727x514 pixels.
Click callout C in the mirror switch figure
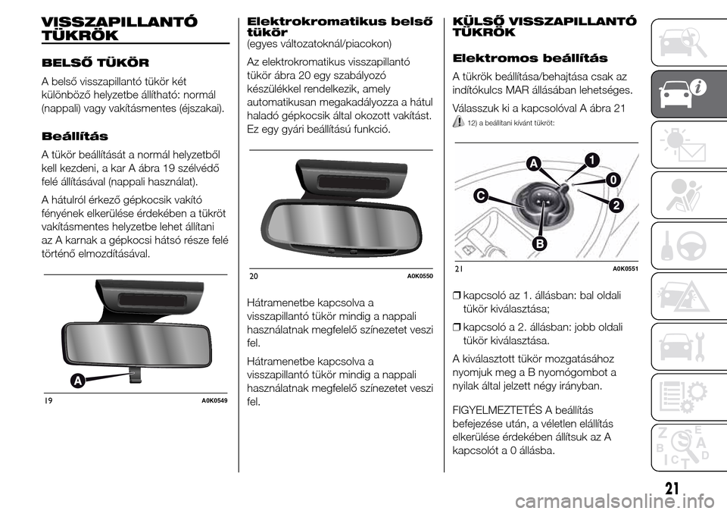480,196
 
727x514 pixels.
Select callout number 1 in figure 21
587,158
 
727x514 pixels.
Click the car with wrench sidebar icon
686,344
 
